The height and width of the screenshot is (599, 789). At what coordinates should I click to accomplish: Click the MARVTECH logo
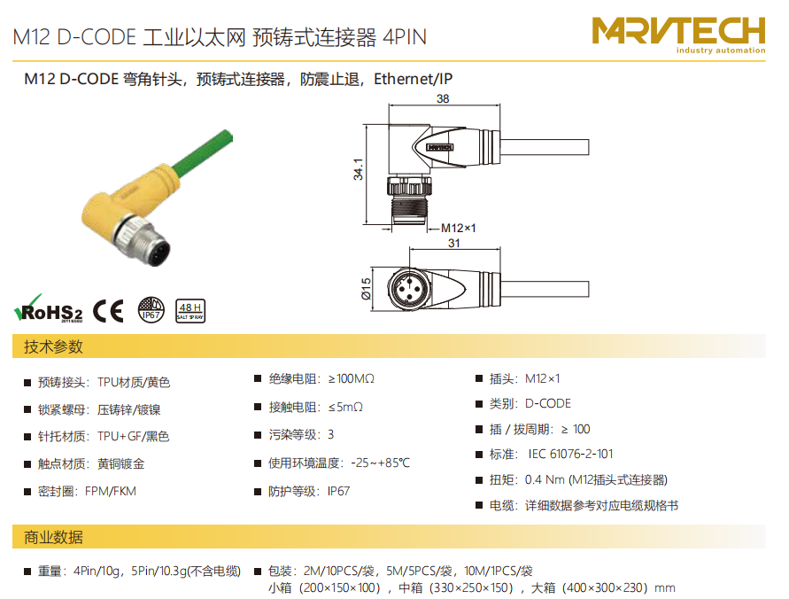(x=678, y=35)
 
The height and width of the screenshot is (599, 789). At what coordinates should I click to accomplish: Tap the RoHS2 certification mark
(x=49, y=308)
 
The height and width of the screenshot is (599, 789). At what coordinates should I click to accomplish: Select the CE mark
(x=108, y=310)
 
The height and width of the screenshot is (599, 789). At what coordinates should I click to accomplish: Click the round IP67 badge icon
(x=151, y=309)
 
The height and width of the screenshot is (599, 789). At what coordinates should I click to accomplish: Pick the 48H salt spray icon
(x=190, y=310)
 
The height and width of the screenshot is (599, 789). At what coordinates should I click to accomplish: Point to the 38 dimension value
(x=443, y=98)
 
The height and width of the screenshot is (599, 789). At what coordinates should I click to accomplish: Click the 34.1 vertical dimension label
(x=358, y=169)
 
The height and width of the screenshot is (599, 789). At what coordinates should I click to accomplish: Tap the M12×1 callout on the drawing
(x=458, y=228)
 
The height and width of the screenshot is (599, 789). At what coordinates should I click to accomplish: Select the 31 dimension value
(x=454, y=243)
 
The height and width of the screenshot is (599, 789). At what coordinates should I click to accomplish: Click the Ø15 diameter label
(x=366, y=289)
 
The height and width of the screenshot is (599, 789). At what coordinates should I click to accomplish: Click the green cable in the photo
(x=201, y=152)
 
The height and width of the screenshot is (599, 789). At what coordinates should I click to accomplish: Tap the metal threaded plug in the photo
(x=142, y=240)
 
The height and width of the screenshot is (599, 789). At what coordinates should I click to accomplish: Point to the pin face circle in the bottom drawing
(x=408, y=289)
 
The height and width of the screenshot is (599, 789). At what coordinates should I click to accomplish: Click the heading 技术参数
(x=53, y=346)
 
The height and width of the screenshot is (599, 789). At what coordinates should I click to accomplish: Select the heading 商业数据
(x=53, y=537)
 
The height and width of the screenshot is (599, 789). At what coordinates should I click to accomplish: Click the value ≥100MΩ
(x=352, y=378)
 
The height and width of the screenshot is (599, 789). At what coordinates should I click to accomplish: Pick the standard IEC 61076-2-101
(x=570, y=454)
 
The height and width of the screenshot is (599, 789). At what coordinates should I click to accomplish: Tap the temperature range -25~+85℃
(x=381, y=463)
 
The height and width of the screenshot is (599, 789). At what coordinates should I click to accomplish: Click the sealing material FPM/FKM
(x=110, y=491)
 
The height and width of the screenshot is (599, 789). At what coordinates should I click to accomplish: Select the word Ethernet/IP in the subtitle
(x=414, y=79)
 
